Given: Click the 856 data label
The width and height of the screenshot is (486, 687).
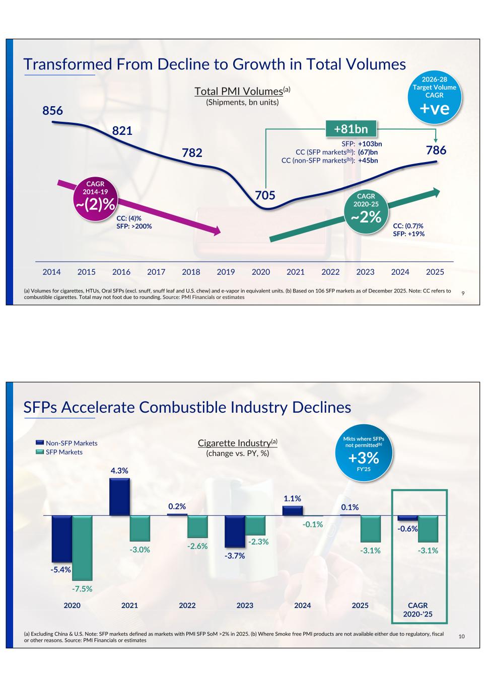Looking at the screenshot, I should click(x=52, y=111).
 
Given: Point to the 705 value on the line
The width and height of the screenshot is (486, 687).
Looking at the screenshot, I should click(x=265, y=195).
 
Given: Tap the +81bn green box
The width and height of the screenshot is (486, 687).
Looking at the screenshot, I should click(x=351, y=129).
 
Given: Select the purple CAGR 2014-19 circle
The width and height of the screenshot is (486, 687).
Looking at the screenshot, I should click(x=96, y=197).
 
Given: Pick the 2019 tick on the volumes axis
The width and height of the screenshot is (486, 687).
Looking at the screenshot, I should click(x=226, y=272).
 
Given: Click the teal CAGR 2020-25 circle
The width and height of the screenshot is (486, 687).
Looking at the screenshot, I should click(x=366, y=209).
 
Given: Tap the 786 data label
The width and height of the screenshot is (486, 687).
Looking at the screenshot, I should click(x=436, y=150).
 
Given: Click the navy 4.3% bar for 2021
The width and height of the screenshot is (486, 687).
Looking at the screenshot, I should click(x=119, y=497).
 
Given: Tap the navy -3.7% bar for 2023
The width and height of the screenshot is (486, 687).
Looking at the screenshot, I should click(x=235, y=531).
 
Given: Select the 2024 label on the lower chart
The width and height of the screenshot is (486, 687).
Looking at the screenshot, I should click(x=302, y=605).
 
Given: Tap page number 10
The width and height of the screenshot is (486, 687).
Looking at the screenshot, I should click(x=462, y=637).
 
